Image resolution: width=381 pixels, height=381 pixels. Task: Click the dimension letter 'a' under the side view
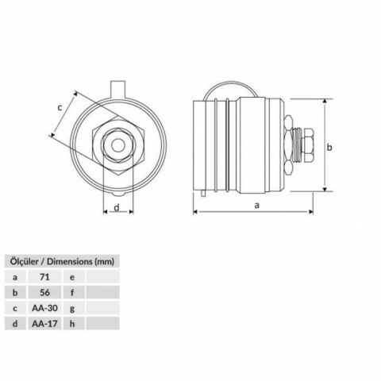click(256, 206)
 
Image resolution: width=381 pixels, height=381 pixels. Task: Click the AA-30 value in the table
click(45, 306)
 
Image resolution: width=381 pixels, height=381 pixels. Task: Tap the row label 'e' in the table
click(72, 277)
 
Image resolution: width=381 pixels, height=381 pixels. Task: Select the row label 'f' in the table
click(72, 291)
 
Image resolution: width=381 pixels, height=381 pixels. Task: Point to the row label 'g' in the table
click(72, 306)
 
